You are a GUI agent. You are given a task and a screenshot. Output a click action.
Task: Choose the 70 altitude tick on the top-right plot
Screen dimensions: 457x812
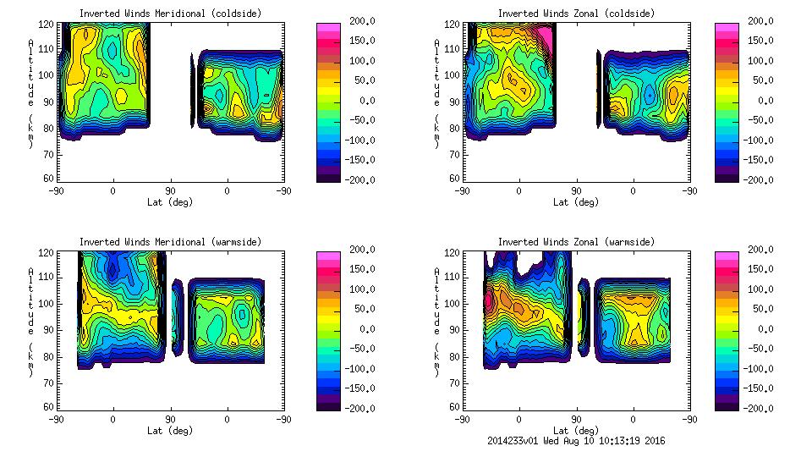(x=454, y=156)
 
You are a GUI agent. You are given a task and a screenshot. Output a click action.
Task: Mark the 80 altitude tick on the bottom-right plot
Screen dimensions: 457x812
(x=454, y=357)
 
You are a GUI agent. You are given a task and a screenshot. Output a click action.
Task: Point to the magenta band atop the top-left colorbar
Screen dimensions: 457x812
(x=327, y=30)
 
